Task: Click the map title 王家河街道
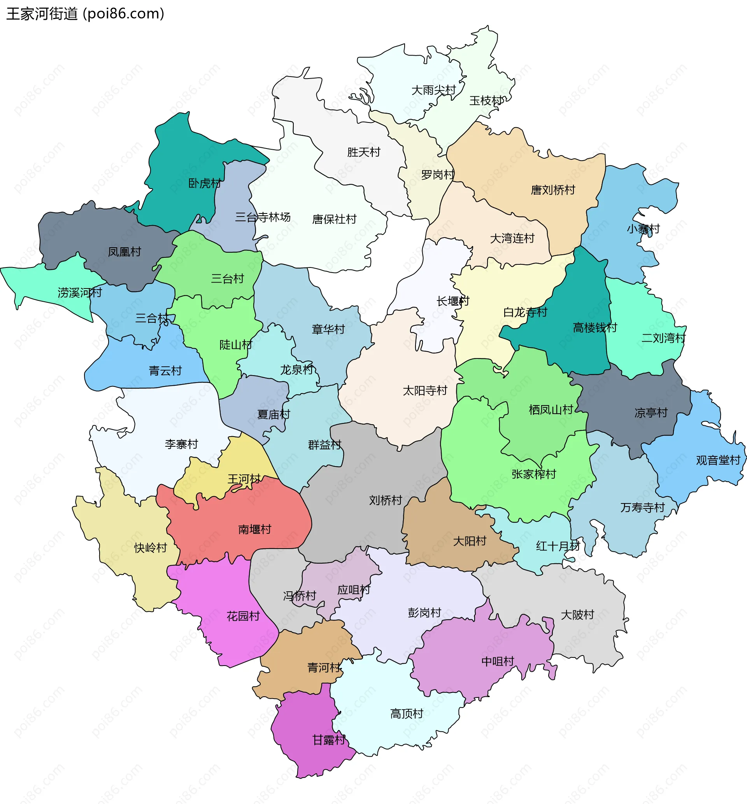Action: coord(42,14)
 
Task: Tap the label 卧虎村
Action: coord(205,184)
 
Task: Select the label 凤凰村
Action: coord(124,252)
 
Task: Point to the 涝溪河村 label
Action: coord(80,292)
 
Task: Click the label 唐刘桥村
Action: coord(553,190)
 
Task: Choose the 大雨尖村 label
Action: coord(433,90)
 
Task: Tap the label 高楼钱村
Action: coord(595,328)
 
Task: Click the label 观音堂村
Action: coord(718,460)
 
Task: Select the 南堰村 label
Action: coord(255,529)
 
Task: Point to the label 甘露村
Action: coord(329,740)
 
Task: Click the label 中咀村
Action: coord(498,661)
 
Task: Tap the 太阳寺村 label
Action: coord(425,391)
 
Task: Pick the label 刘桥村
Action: coord(386,501)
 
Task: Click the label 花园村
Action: coord(243,616)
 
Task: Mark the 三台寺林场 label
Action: coord(263,217)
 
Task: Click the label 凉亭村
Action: coord(651,413)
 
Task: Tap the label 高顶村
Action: coord(407,714)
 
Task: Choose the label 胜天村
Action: coord(364,152)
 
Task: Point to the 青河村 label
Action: coord(324,668)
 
